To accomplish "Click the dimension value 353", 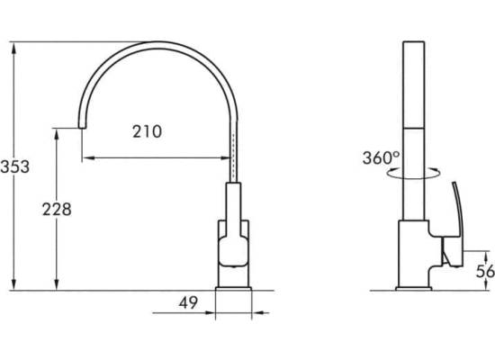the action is (x=14, y=166).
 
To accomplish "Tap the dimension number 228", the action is (x=57, y=210).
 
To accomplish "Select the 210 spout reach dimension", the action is (x=147, y=131).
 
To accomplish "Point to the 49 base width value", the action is (x=188, y=302).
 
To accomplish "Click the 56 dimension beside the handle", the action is (x=485, y=271).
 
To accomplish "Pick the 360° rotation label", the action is (x=381, y=157).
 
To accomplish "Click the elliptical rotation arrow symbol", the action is (x=414, y=174).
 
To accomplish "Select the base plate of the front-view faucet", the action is (x=233, y=289).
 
